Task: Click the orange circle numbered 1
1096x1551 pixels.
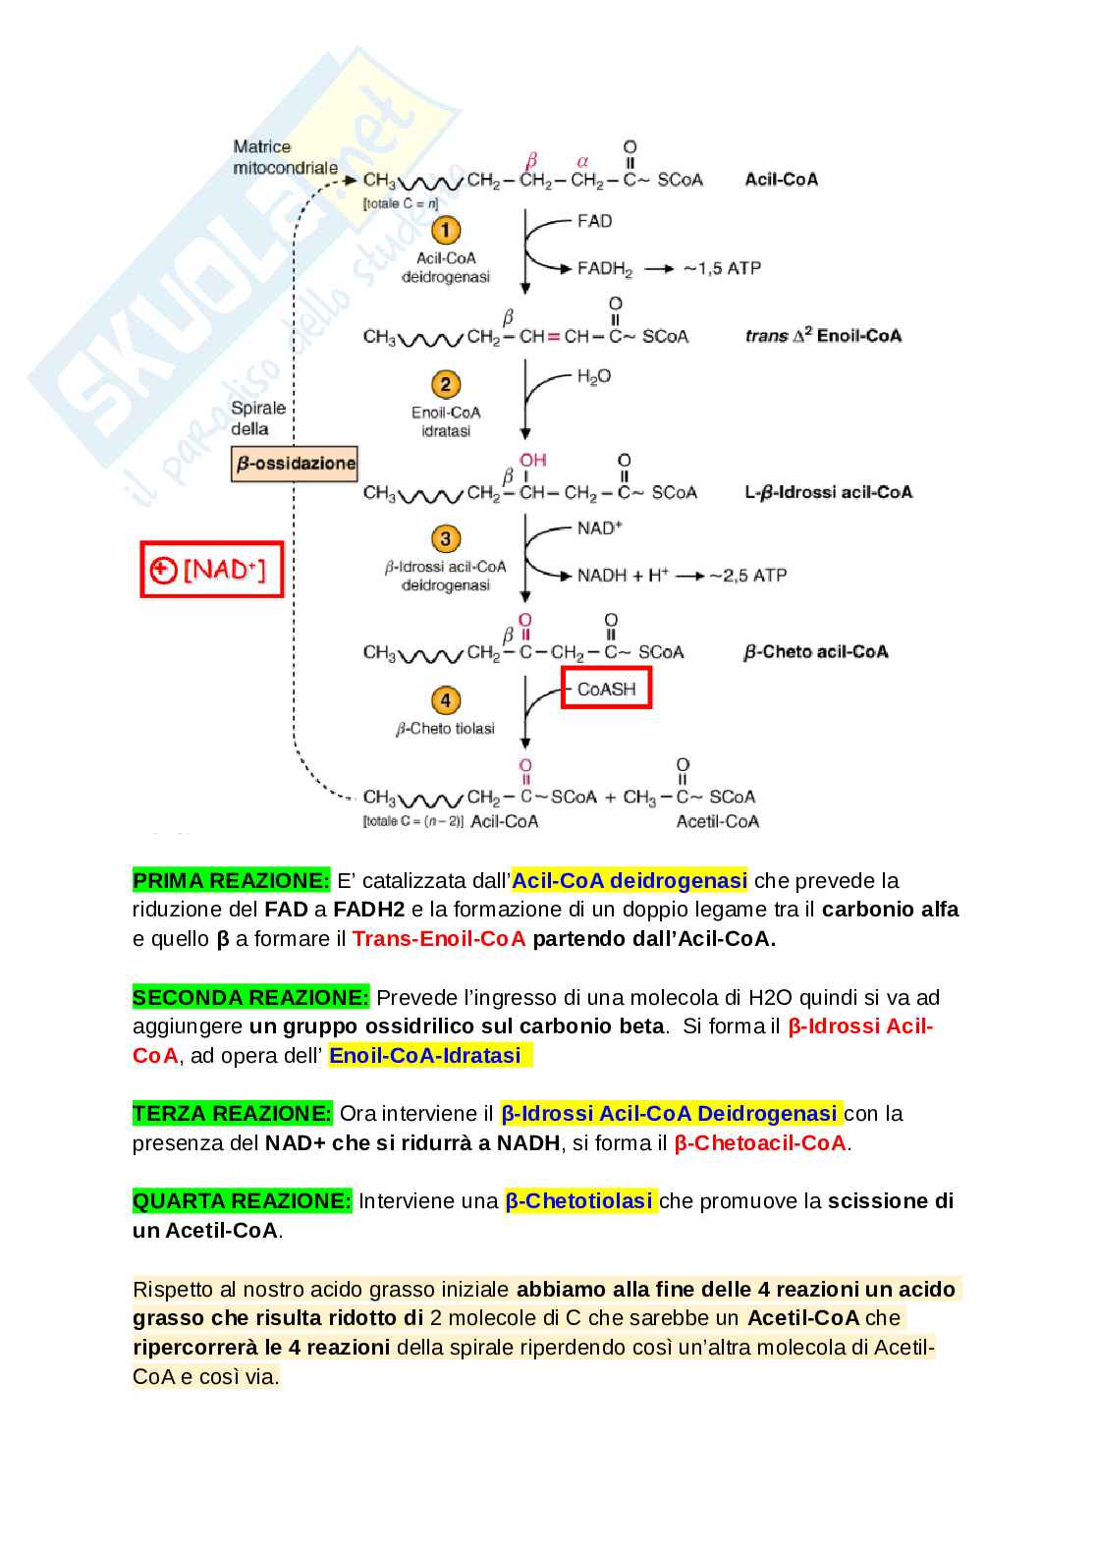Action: pos(446,230)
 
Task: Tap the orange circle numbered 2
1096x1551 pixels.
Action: pos(446,384)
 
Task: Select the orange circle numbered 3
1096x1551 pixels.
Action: pos(446,538)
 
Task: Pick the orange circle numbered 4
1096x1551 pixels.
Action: pos(446,700)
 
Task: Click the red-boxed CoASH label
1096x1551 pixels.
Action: pos(606,689)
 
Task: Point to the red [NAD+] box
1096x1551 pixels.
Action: pos(212,570)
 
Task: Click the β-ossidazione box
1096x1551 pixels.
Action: pos(295,464)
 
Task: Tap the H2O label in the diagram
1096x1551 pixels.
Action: pos(594,376)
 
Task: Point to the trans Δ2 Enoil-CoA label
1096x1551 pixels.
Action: pos(823,336)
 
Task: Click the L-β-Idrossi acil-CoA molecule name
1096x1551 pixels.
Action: pos(828,492)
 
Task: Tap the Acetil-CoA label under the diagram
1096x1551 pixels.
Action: pos(718,821)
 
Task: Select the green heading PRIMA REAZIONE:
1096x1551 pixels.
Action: pos(232,880)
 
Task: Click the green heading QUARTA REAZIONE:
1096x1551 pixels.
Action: pos(242,1200)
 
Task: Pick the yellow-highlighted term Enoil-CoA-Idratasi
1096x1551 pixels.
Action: pos(425,1055)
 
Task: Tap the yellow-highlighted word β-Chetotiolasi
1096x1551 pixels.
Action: pos(579,1200)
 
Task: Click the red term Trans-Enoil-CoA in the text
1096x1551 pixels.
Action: pos(439,938)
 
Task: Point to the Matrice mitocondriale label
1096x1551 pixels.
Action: pos(285,157)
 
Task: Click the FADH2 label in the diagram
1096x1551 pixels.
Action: pos(605,268)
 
